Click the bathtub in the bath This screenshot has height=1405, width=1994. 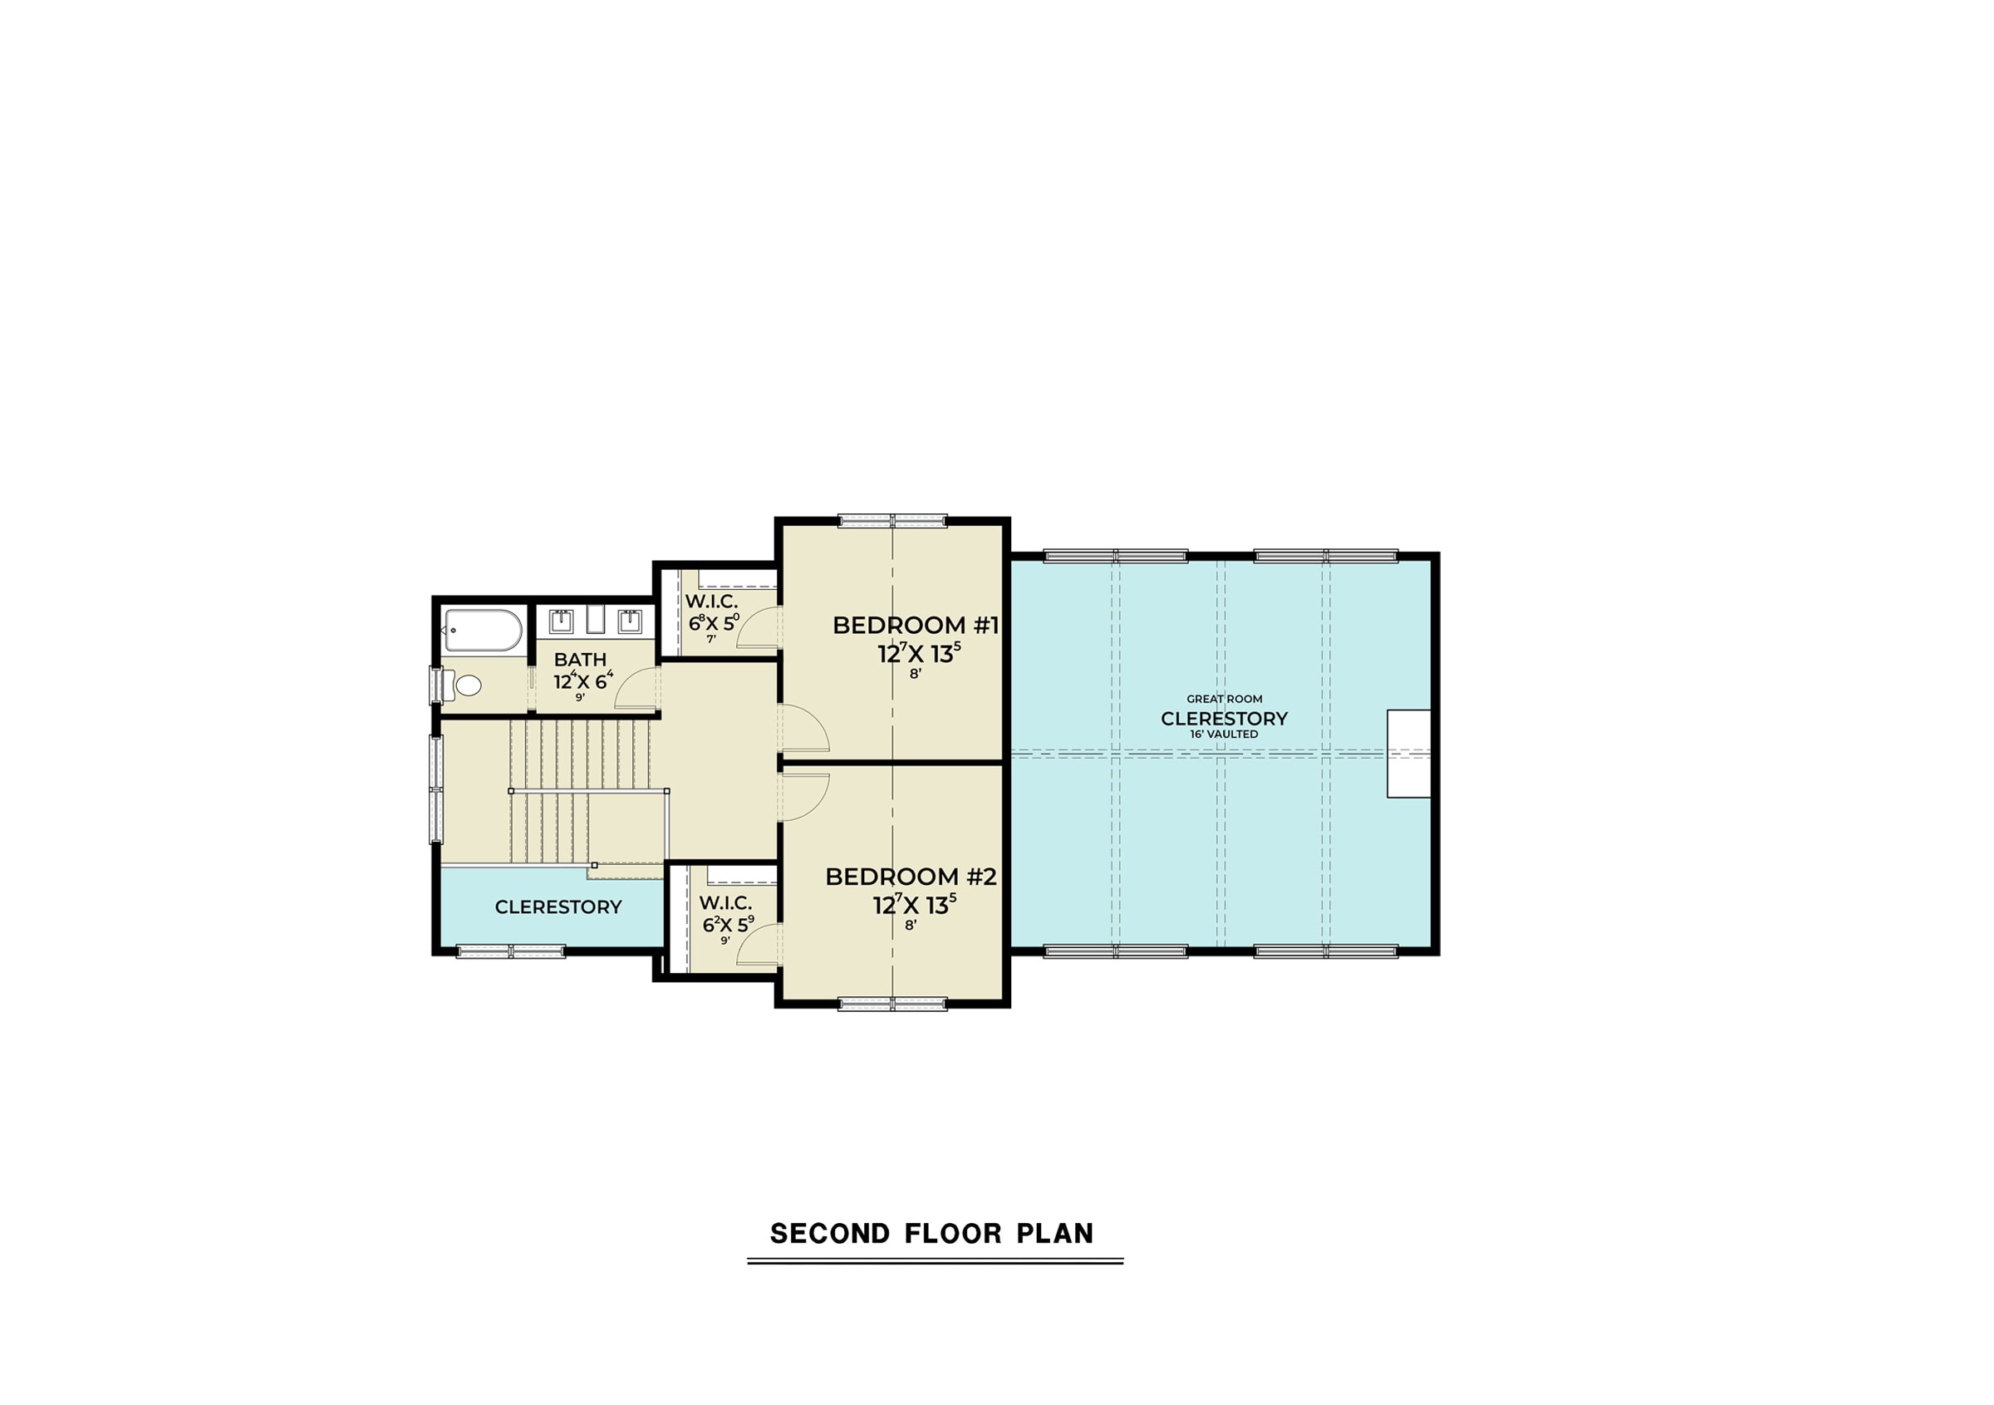point(484,631)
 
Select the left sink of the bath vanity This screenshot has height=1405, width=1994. point(561,621)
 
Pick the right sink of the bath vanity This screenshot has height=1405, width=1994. point(630,621)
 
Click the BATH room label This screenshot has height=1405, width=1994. point(580,660)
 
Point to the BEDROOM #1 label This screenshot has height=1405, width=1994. point(916,625)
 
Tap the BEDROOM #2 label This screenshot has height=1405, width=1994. point(911,877)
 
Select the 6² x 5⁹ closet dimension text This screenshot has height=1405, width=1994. point(728,924)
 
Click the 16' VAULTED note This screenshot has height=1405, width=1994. point(1224,734)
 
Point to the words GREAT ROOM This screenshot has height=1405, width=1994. point(1225,699)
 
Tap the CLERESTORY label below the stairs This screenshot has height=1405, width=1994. point(558,907)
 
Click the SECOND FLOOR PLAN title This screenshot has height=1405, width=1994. point(932,1234)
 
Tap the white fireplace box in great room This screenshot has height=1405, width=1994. point(1408,754)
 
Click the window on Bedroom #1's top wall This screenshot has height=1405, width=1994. point(893,521)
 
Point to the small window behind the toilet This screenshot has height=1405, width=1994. point(436,685)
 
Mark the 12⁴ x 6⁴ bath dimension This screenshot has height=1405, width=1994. point(583,681)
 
